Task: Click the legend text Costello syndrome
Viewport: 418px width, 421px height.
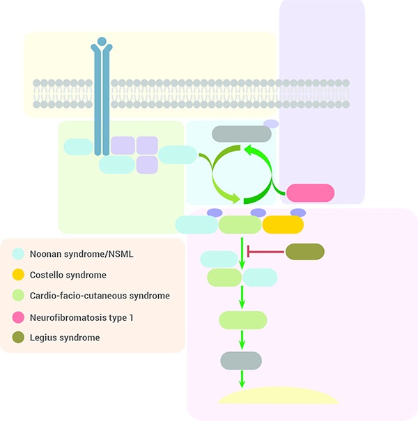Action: point(68,275)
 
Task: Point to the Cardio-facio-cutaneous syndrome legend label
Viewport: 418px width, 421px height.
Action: point(100,296)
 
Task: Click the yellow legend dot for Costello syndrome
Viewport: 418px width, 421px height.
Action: point(19,275)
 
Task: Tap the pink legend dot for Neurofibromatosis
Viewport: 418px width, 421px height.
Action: point(19,317)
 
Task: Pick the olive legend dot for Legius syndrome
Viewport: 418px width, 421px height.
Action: point(19,337)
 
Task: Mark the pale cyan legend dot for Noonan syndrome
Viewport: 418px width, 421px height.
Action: point(19,255)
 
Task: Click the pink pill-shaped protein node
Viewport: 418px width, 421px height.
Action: point(310,192)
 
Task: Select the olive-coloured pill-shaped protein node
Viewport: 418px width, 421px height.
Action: point(304,251)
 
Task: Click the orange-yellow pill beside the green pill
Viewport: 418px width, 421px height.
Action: point(283,225)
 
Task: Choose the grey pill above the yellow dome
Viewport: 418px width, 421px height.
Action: point(241,360)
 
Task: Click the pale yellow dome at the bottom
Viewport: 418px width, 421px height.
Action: point(278,397)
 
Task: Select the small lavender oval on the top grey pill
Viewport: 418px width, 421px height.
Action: point(270,124)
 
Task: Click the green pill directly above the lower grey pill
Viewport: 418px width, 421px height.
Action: point(242,320)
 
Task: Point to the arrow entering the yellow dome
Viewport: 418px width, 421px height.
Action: point(242,379)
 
